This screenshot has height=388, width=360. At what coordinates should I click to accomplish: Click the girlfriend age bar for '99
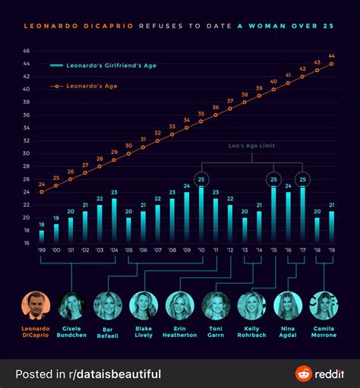[x=42, y=236]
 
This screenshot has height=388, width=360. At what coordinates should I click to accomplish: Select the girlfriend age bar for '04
[x=114, y=221]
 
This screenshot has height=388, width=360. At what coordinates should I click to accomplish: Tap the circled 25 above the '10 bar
[x=201, y=179]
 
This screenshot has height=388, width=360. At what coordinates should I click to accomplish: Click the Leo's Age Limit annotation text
[x=251, y=145]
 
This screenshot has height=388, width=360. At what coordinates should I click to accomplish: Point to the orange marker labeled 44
[x=331, y=64]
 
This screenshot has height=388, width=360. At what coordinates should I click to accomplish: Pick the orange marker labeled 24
[x=42, y=191]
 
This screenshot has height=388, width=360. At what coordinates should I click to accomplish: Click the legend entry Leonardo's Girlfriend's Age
[x=103, y=66]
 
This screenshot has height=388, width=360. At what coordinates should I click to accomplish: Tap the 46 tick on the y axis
[x=27, y=51]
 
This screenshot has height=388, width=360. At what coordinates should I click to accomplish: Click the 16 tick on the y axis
[x=27, y=243]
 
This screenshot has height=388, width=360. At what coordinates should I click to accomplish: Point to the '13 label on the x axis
[x=245, y=250]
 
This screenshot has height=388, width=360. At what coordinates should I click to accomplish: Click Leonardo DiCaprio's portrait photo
[x=35, y=304]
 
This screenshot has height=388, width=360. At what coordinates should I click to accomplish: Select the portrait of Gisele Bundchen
[x=71, y=304]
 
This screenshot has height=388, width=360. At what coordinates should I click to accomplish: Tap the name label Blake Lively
[x=143, y=333]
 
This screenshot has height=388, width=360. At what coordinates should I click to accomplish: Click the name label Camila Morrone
[x=324, y=333]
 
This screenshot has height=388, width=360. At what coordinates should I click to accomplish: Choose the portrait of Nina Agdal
[x=287, y=304]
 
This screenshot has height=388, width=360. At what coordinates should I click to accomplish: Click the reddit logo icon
[x=304, y=374]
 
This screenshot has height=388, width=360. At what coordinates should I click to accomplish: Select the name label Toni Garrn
[x=215, y=333]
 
